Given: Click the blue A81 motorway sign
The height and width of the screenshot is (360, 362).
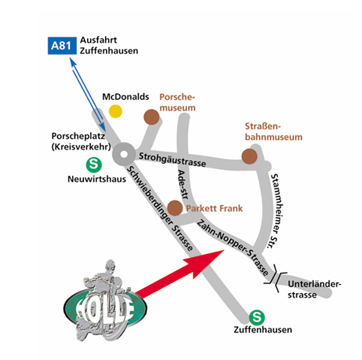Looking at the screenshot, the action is point(62,46).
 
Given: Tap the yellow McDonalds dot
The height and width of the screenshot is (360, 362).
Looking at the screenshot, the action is point(116,111).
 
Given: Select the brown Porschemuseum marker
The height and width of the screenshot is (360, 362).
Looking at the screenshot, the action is point(152,117).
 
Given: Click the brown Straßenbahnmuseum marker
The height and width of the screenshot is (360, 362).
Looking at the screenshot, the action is point(249,156).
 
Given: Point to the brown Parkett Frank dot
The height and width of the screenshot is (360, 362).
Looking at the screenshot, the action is point(175,208).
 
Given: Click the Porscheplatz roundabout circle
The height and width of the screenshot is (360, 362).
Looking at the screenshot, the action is point(124,154).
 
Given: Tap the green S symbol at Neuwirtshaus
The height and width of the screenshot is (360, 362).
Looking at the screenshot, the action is point(94,165).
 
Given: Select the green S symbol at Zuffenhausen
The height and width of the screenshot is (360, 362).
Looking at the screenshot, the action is point(257,317).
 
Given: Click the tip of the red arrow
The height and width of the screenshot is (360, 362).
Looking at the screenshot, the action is point(224,250).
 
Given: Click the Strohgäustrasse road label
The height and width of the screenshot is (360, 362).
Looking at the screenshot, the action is point(173,159).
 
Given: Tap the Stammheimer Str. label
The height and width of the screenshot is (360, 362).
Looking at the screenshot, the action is point(277,211).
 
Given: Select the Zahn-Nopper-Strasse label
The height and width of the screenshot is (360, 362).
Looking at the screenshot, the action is point(233,247).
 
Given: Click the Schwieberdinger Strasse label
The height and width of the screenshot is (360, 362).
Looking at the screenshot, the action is point(160,208).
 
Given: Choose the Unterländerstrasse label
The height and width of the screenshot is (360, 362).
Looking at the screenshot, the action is point(315,289).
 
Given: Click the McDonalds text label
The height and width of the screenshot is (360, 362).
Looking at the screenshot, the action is point(125,97).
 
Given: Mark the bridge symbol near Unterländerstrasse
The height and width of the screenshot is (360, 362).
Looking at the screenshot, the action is point(276,278).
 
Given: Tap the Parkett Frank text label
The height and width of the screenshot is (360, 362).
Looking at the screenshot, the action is point(215,208).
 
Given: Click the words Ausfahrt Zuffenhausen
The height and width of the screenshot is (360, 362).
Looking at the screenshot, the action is point(109,45).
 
